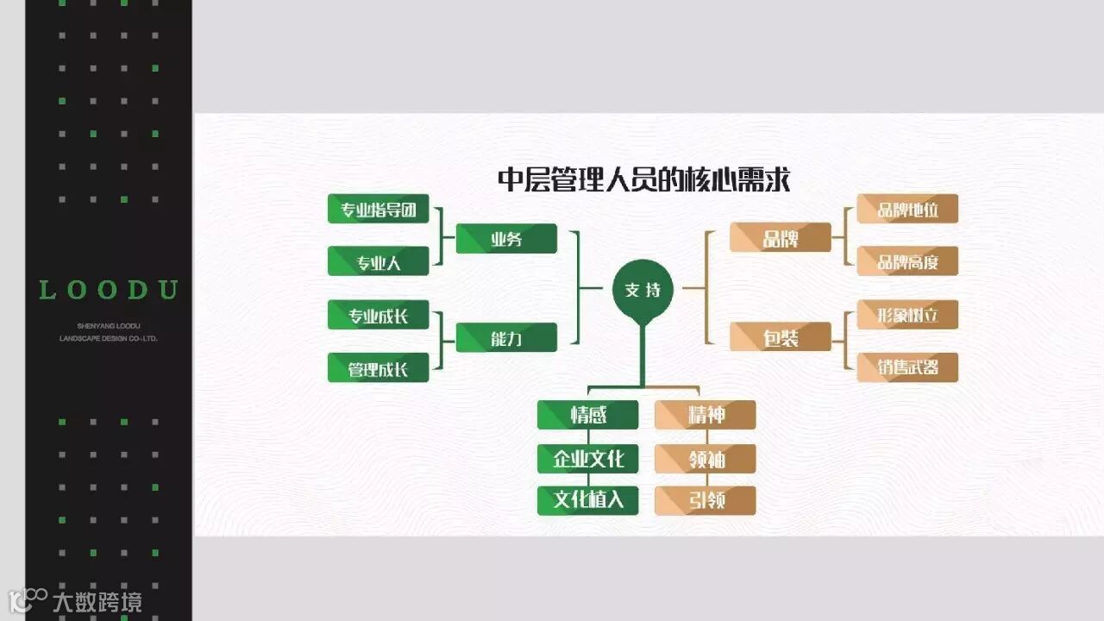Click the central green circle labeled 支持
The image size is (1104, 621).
(x=643, y=290)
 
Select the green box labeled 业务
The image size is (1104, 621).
(x=506, y=239)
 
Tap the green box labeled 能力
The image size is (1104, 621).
(x=506, y=338)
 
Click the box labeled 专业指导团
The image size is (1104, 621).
(x=378, y=210)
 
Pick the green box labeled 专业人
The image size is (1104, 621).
(x=378, y=261)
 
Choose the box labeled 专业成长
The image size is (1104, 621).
(x=378, y=315)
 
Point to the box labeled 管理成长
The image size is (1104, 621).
(x=378, y=368)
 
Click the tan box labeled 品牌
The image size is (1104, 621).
(x=780, y=238)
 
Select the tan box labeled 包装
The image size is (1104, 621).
(x=780, y=337)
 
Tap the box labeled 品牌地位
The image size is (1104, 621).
(x=906, y=209)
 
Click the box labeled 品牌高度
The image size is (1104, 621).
(x=906, y=261)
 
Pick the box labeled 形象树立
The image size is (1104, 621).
(x=906, y=315)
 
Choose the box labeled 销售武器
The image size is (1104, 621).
(x=906, y=368)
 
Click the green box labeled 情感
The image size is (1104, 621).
(x=587, y=415)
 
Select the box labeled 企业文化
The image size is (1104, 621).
(x=587, y=458)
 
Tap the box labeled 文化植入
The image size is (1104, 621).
(x=587, y=500)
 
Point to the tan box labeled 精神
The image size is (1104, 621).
(x=705, y=415)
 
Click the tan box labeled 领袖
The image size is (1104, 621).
(x=705, y=458)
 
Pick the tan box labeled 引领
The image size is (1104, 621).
(x=705, y=500)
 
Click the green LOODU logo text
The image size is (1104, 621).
(x=109, y=291)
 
